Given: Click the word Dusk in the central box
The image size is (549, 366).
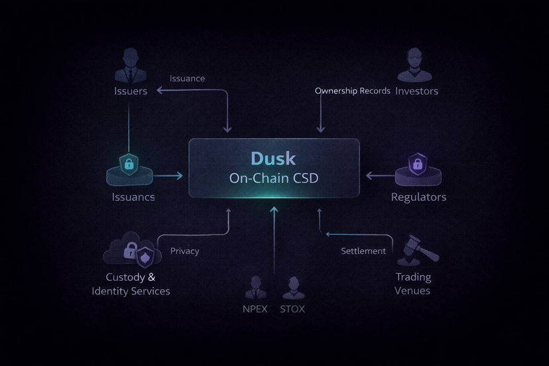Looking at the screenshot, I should (273, 158).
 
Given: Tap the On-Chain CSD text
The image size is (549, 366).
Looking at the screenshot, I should (273, 178).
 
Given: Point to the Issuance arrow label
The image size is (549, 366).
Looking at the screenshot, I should (187, 78).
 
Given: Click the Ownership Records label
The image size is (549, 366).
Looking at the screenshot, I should (352, 91).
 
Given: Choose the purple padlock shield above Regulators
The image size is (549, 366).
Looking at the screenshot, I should (417, 163).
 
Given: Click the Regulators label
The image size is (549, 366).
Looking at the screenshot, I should (418, 197).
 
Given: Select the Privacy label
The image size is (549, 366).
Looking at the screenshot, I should (184, 251).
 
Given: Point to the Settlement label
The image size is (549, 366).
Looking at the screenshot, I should (363, 251).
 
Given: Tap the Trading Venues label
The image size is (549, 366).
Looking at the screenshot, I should (412, 283).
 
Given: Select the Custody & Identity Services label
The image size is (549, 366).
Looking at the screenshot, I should (131, 284).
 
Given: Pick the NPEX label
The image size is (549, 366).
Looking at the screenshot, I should (255, 309).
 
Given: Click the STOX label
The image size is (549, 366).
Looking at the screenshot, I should (292, 309).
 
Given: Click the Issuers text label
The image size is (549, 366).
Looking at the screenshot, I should (130, 91).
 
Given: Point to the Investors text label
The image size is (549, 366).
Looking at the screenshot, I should (416, 91).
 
